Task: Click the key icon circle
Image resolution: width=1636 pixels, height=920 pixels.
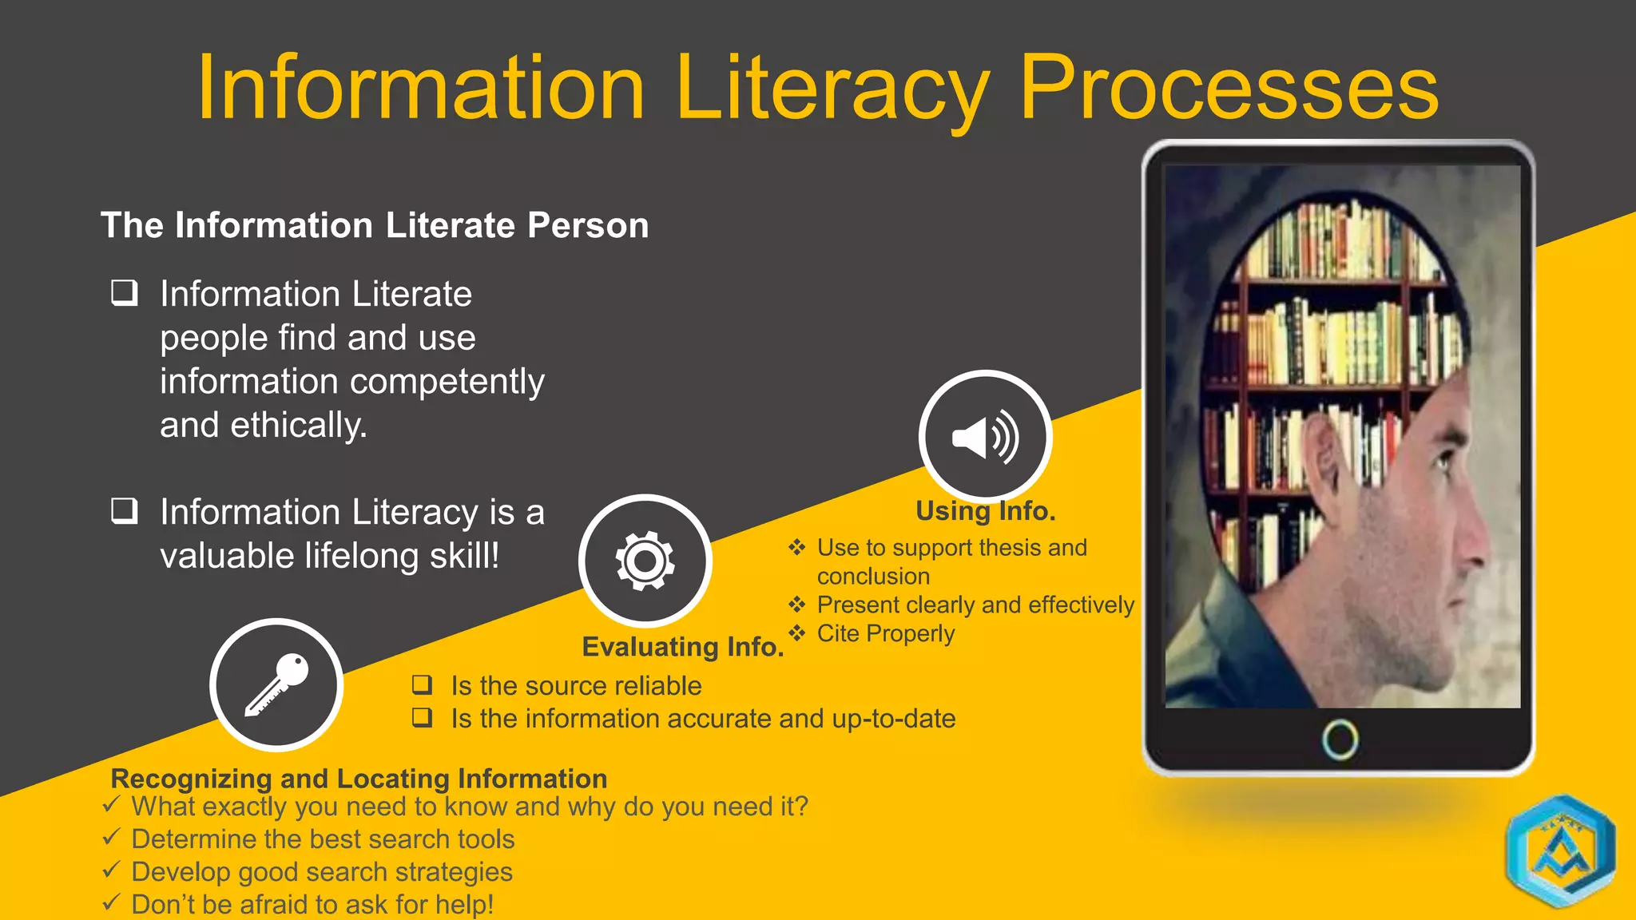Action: pos(276,685)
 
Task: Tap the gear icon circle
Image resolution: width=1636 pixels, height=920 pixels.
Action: pos(645,561)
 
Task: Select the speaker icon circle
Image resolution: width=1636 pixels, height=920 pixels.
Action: pos(985,437)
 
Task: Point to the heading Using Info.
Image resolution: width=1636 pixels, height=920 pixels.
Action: pos(985,511)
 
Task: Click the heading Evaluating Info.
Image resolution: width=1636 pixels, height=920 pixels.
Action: pos(682,647)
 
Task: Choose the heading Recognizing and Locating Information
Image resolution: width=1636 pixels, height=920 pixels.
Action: pos(359,779)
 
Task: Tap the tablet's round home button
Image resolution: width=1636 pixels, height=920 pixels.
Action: pos(1340,740)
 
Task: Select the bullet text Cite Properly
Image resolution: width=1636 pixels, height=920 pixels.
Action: pos(885,634)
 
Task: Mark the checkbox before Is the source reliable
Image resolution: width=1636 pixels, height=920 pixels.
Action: pos(423,684)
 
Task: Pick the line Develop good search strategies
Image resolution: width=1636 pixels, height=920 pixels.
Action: pos(321,872)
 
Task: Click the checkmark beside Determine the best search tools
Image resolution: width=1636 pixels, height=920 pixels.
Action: pos(112,838)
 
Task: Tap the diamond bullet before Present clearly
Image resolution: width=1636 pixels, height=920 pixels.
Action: pos(797,605)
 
